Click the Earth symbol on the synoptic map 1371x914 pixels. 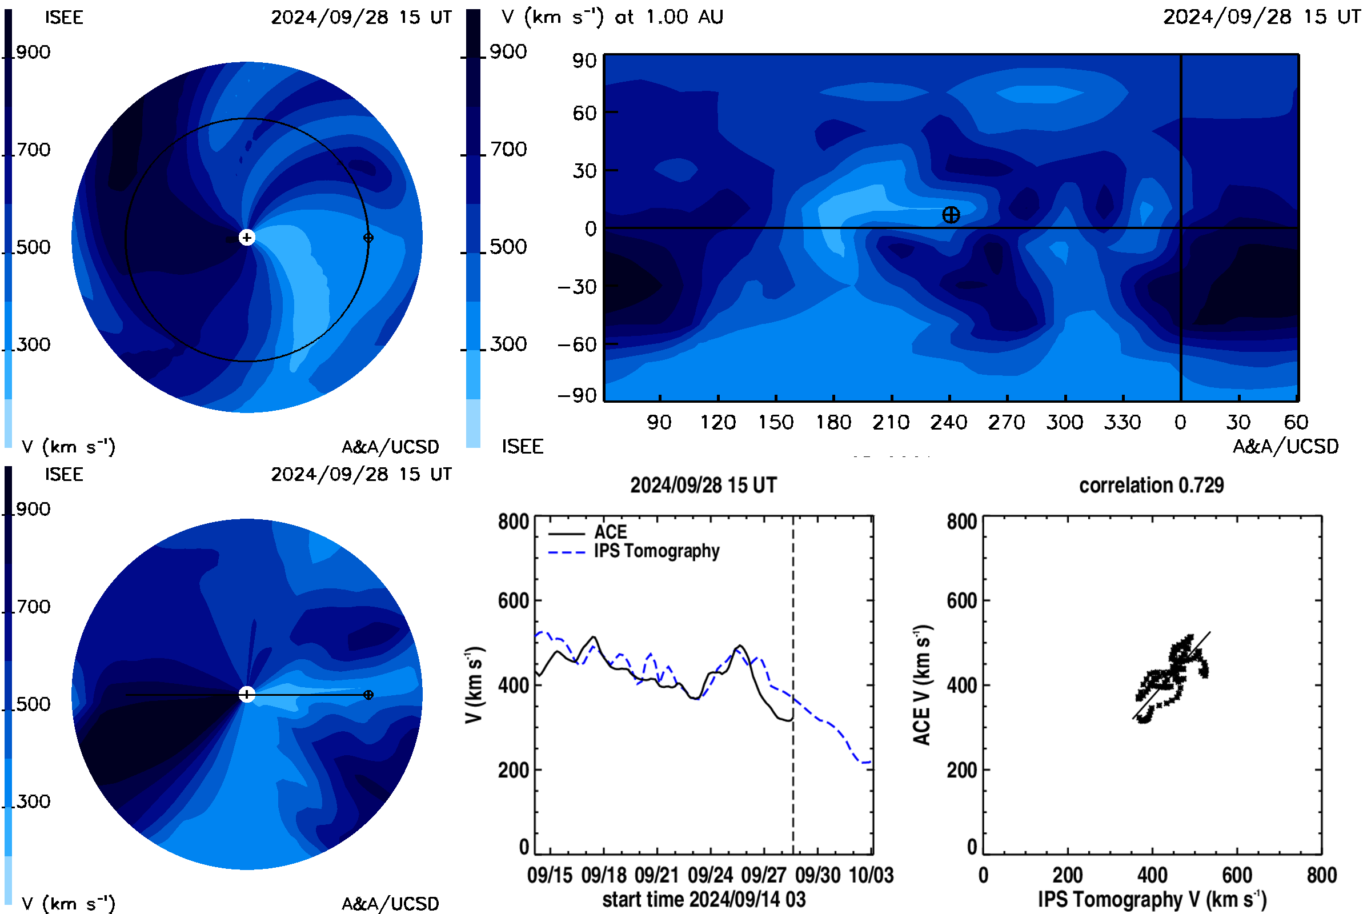(x=951, y=215)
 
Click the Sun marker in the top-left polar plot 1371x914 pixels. (x=247, y=237)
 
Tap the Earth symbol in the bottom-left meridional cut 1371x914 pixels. (x=368, y=695)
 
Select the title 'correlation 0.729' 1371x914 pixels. (x=1151, y=485)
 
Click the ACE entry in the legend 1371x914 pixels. (x=610, y=532)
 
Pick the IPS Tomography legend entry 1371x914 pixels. (x=656, y=551)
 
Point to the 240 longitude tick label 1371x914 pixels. (x=948, y=422)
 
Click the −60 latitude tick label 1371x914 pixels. (x=577, y=344)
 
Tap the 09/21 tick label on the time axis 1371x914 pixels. (x=656, y=875)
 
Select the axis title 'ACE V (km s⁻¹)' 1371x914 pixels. (x=922, y=685)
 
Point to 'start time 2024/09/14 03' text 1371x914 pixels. (x=704, y=899)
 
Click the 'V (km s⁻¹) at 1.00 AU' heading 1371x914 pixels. (x=612, y=17)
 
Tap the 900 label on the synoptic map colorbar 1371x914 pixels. (x=508, y=52)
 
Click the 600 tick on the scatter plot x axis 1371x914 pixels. (x=1237, y=875)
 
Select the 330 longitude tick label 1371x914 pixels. (x=1122, y=422)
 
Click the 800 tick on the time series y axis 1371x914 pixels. (x=514, y=522)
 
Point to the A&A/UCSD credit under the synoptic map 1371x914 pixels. (x=1285, y=447)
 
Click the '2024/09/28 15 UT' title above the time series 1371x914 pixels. (x=704, y=485)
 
